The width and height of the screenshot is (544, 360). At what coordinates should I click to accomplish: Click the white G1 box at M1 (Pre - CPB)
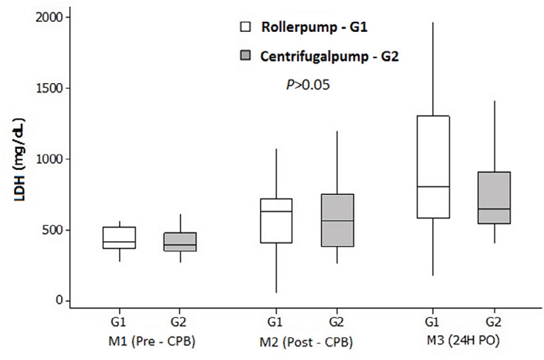point(119,237)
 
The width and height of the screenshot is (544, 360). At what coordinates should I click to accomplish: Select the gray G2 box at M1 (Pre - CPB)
point(180,242)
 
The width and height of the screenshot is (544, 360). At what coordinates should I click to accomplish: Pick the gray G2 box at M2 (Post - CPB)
point(337,220)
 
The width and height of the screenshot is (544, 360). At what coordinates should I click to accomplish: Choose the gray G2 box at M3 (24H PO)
point(493,198)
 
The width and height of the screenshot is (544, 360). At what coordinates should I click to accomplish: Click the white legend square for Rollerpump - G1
point(245,27)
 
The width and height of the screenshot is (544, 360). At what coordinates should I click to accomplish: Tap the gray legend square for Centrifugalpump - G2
point(245,56)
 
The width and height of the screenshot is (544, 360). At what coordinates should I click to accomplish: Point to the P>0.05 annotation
point(308,85)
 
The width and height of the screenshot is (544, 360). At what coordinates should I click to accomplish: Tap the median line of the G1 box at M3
point(433,187)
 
